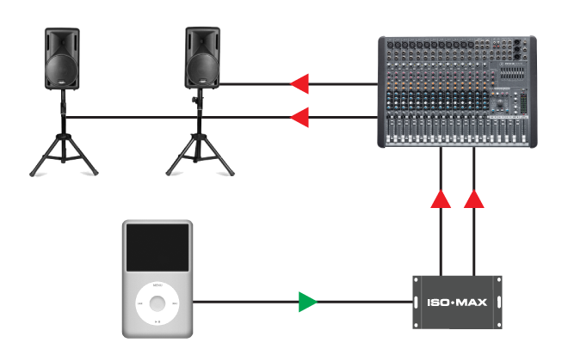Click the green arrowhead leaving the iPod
click(307, 302)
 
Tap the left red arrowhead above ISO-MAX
click(441, 199)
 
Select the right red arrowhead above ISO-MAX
click(474, 199)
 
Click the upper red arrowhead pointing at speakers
click(299, 84)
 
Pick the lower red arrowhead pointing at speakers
click(299, 117)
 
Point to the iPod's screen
click(157, 248)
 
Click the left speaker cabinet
click(62, 58)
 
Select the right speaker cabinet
click(204, 58)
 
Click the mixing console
click(456, 91)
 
